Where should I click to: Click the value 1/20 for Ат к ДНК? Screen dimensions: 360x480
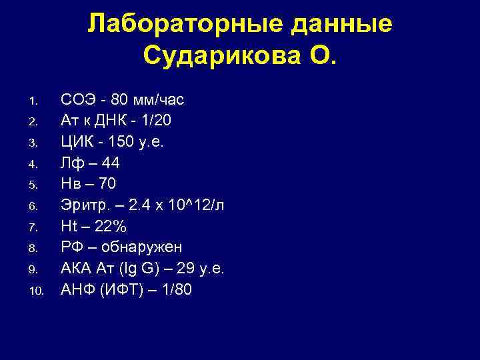click(x=155, y=121)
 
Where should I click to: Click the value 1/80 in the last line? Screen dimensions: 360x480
click(x=174, y=290)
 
